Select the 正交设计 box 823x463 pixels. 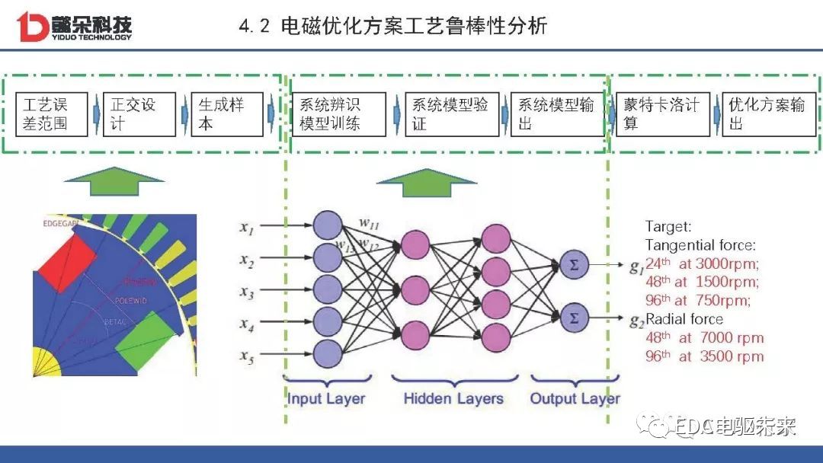tap(139, 114)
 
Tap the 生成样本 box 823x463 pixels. tap(226, 114)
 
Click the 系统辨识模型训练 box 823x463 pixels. tap(338, 114)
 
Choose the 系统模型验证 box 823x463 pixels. tap(450, 114)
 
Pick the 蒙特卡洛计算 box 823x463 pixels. tap(661, 114)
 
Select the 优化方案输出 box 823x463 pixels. tap(767, 114)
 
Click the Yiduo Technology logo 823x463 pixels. tap(74, 26)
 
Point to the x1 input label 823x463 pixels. tap(246, 226)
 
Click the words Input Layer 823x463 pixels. tap(326, 398)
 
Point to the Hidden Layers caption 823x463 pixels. tap(453, 398)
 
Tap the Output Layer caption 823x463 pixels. tap(575, 398)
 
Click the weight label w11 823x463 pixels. tap(370, 223)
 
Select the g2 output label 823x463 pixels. tap(636, 321)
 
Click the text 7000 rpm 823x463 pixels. tap(735, 337)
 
